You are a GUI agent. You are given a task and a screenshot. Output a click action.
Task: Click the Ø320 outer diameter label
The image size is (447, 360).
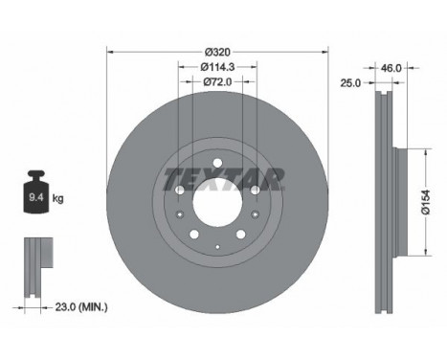[217, 52]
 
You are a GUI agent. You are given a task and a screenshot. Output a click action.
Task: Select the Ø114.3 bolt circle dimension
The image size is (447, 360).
[217, 67]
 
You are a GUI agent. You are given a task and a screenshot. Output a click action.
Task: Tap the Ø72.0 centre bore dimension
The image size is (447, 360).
[217, 82]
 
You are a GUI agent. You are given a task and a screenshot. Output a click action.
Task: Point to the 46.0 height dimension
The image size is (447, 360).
[391, 68]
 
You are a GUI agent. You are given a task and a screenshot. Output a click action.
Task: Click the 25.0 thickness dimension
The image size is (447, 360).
[350, 83]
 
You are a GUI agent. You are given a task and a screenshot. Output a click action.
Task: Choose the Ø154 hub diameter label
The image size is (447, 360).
[425, 202]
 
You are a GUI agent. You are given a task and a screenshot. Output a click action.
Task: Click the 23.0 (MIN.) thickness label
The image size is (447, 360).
[81, 307]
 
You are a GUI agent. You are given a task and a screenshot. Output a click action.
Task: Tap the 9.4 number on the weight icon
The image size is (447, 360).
[36, 197]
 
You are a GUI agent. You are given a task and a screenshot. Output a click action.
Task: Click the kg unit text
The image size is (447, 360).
[57, 198]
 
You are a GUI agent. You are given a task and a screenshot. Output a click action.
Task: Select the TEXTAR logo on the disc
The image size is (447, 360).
[223, 179]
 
